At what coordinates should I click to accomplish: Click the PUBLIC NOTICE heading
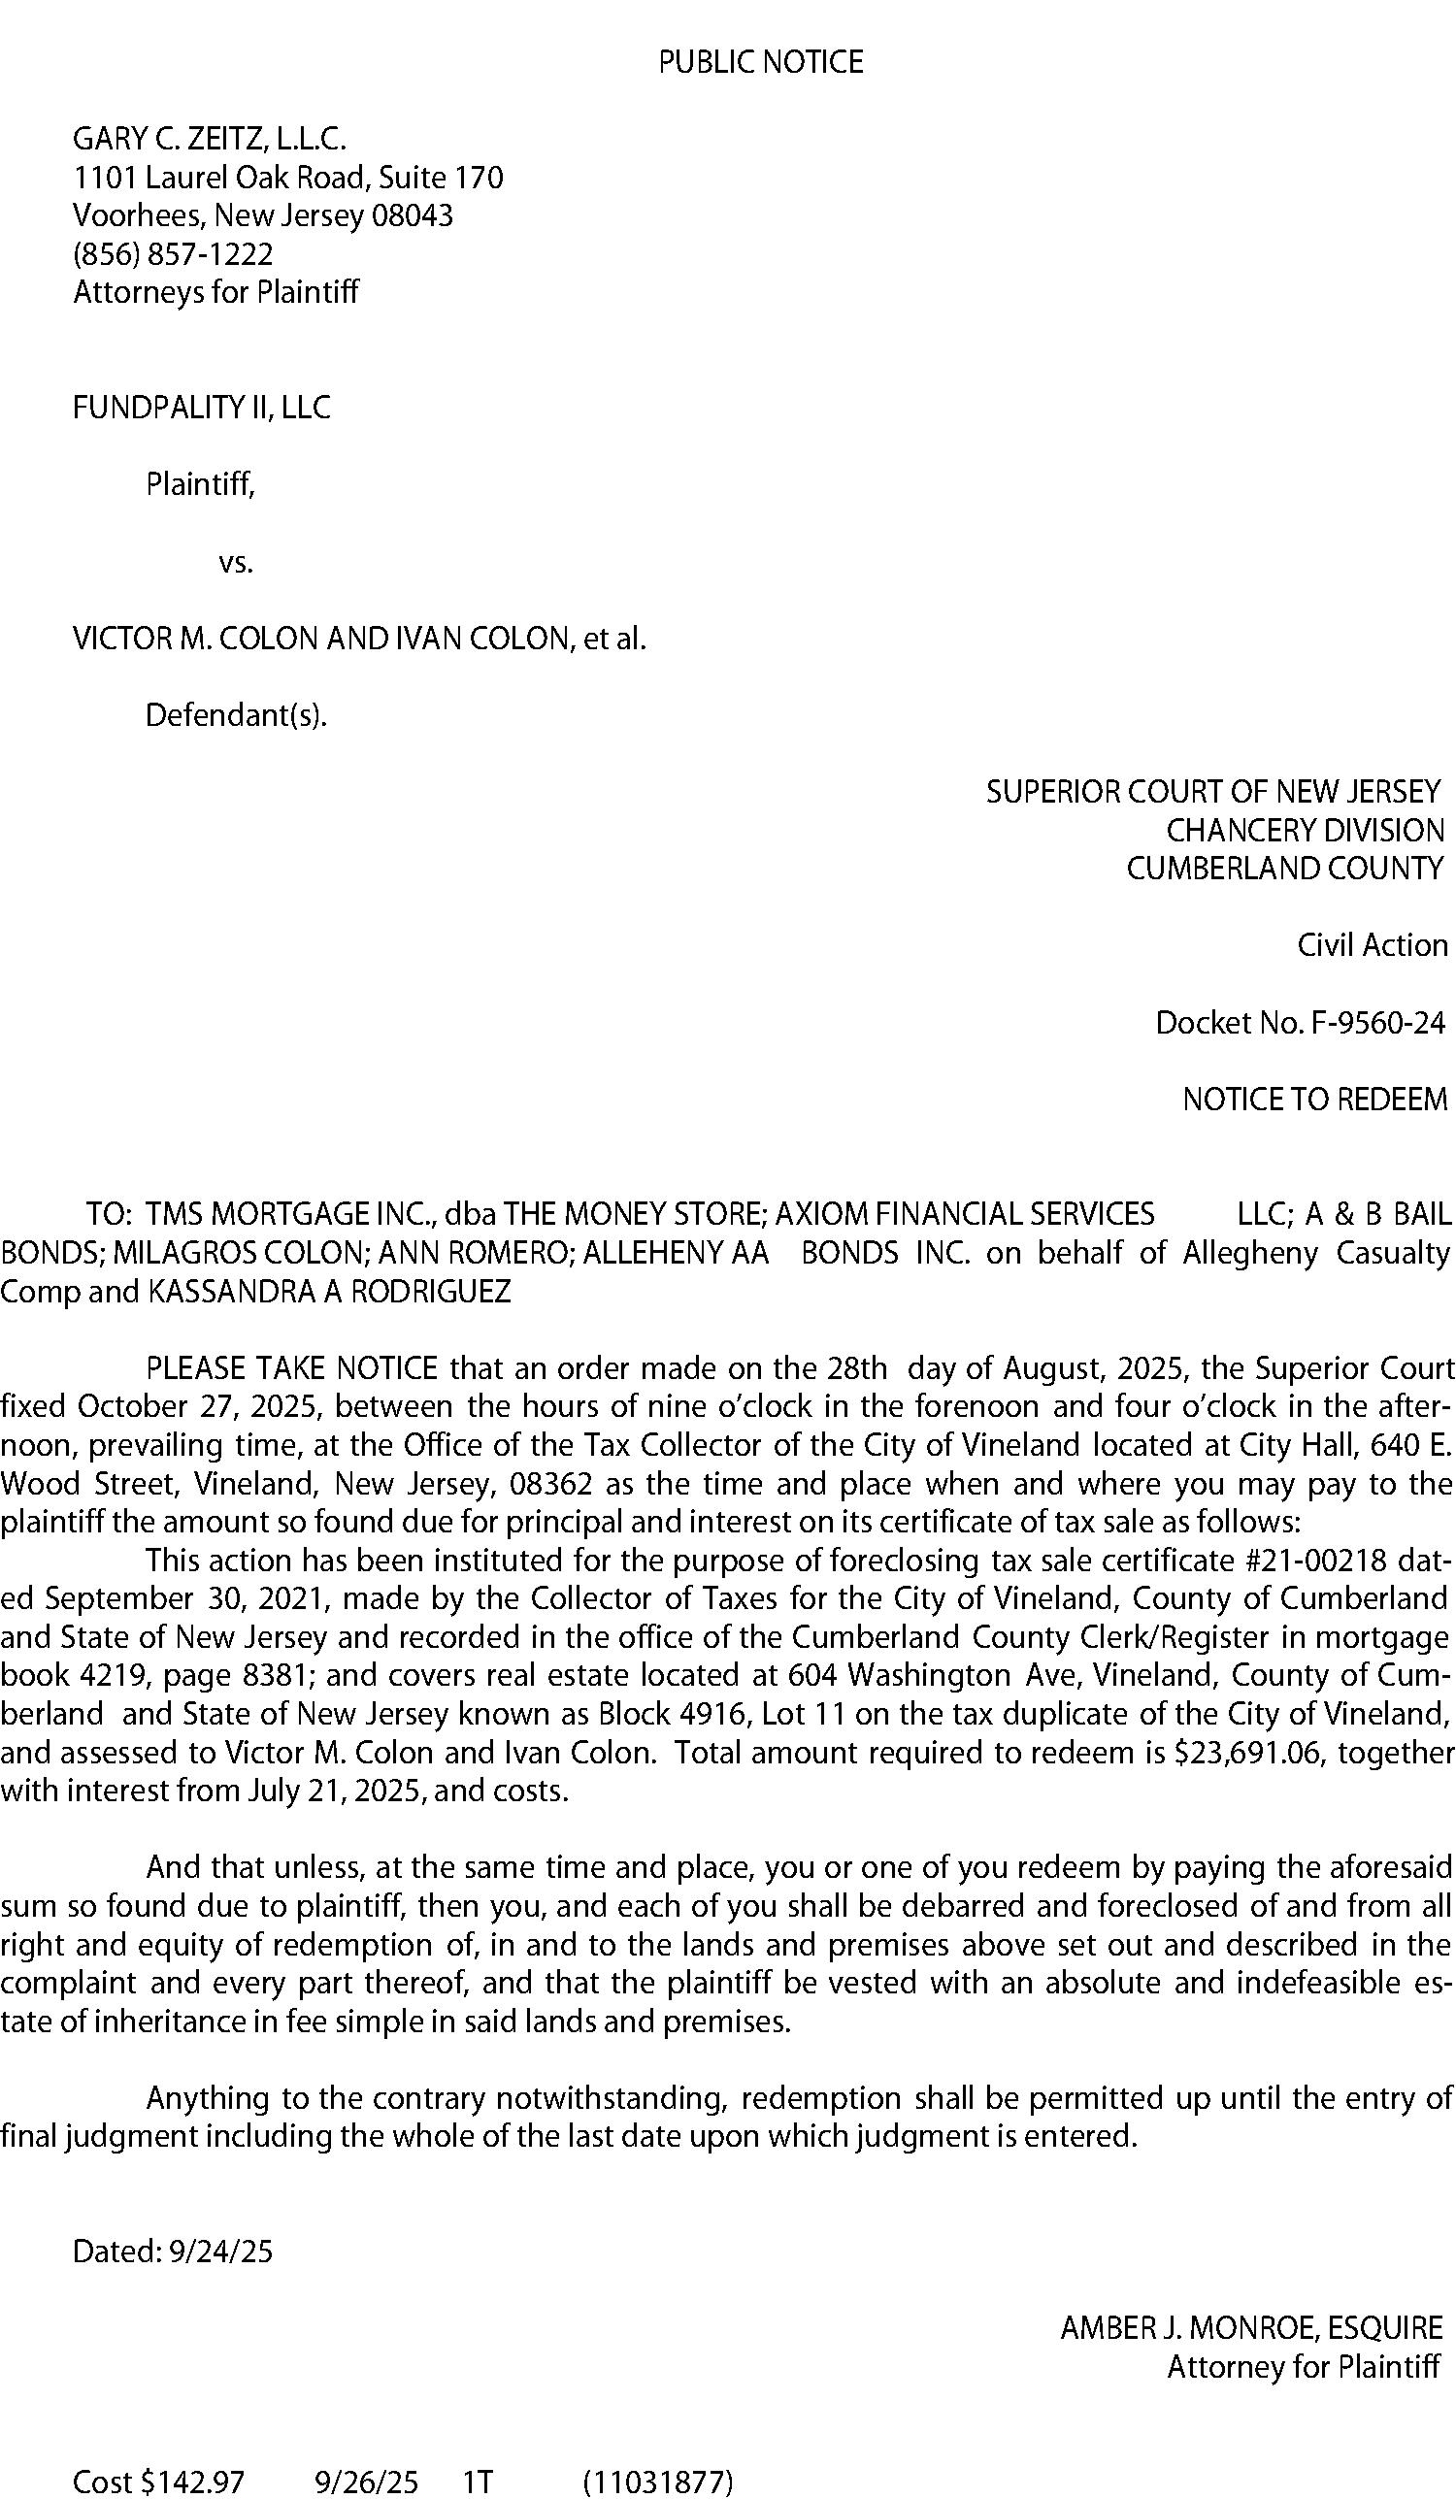[761, 62]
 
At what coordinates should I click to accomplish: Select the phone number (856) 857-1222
[173, 255]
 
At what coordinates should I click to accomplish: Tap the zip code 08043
[412, 216]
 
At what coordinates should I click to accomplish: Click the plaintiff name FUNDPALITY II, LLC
[201, 408]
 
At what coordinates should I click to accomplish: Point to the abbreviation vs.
[236, 563]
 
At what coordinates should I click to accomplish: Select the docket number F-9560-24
[1377, 1023]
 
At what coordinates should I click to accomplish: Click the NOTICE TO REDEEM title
[1314, 1100]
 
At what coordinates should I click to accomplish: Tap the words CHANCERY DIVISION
[1305, 830]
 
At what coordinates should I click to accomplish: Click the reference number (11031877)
[657, 2481]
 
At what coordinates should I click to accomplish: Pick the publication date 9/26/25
[366, 2481]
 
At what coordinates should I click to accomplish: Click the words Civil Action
[1372, 945]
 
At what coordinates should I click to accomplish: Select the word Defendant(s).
[236, 715]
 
